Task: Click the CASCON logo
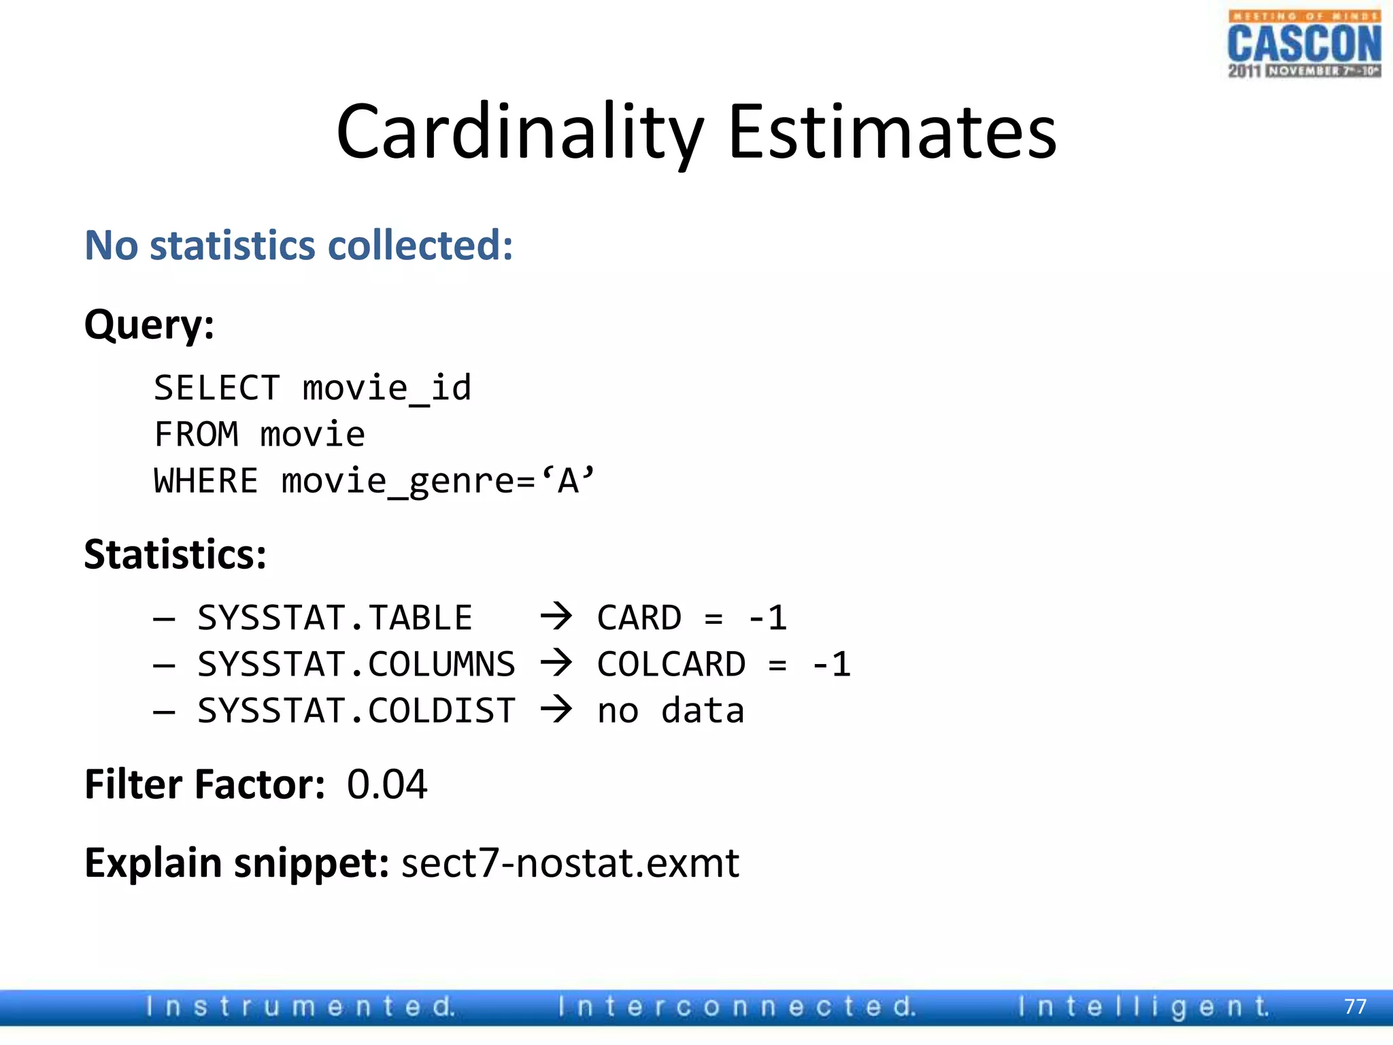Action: pos(1304,44)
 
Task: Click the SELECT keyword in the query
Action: pos(217,388)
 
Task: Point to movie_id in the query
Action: pos(386,388)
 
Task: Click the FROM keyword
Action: pos(197,435)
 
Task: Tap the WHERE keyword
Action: pos(206,481)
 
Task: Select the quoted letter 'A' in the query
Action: pos(568,480)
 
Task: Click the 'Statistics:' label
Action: pos(175,554)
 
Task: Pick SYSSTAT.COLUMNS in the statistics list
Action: pos(356,665)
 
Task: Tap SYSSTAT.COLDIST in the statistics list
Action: pos(356,711)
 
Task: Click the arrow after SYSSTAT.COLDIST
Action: pos(556,710)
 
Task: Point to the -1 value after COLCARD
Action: pos(831,665)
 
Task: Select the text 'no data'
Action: pos(671,711)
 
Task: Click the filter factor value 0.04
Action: pos(386,784)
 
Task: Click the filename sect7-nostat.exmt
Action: pos(570,863)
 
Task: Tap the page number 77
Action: pos(1355,1006)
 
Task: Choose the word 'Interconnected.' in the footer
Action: pos(737,1006)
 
